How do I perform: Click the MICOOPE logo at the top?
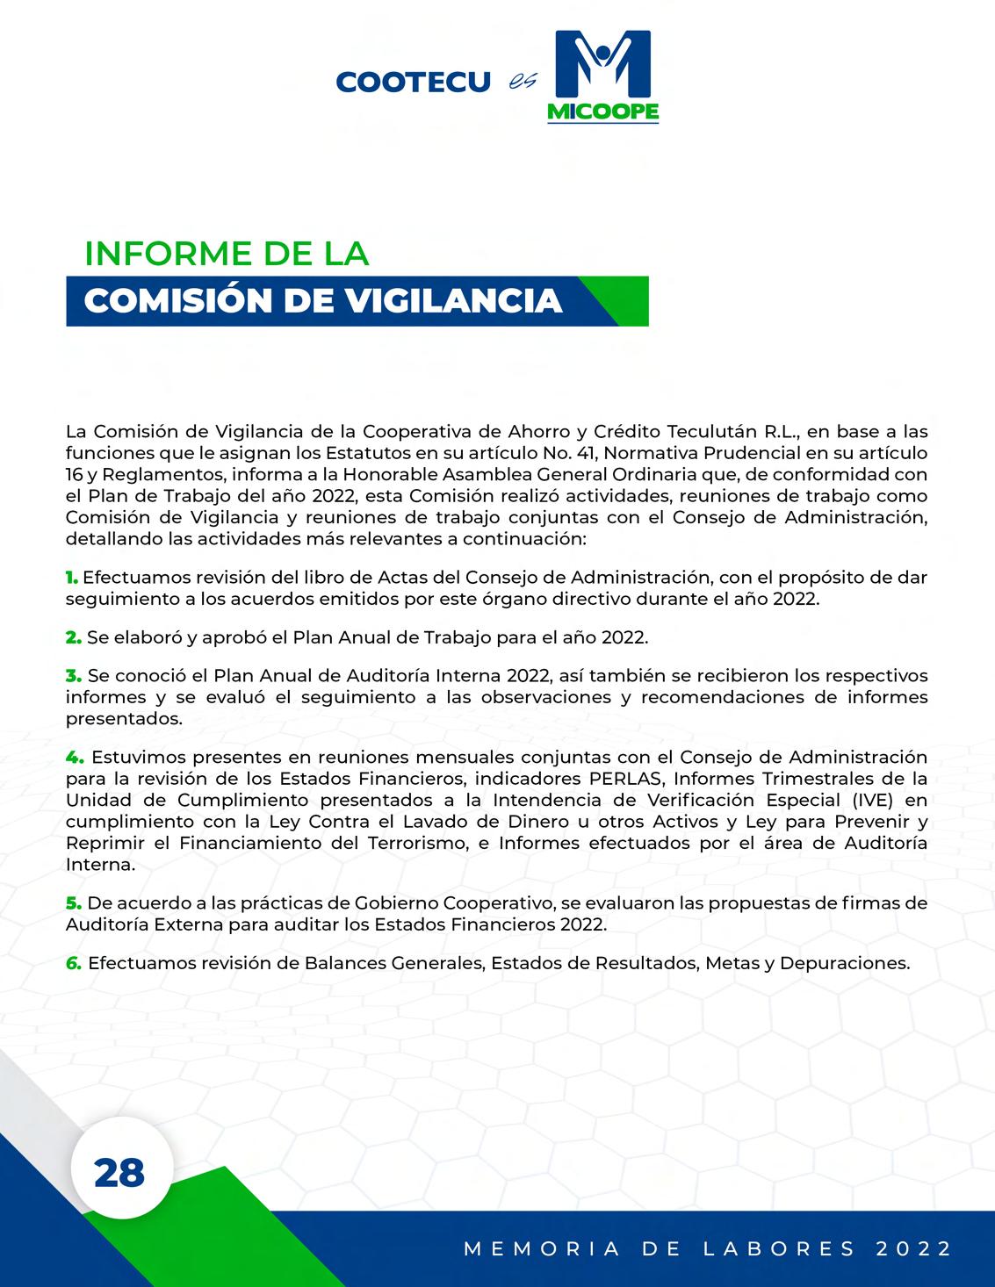click(x=602, y=76)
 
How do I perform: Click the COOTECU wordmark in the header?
click(x=413, y=83)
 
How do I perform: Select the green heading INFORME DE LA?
click(x=227, y=254)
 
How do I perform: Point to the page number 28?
click(x=119, y=1173)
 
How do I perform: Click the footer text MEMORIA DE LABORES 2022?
click(x=708, y=1248)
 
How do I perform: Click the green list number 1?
click(x=71, y=578)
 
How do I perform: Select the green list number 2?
click(x=73, y=637)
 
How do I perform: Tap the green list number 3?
click(x=73, y=676)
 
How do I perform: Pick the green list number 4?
click(x=74, y=757)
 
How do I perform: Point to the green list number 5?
click(x=73, y=902)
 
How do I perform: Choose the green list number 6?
click(x=74, y=963)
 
